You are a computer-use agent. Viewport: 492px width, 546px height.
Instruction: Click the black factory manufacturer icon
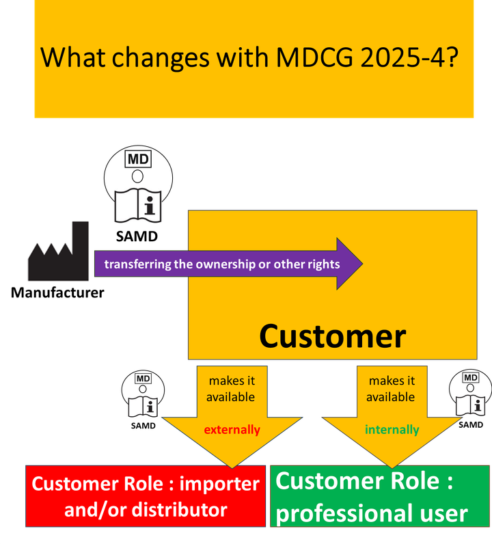point(58,251)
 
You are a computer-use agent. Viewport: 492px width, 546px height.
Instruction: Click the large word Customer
point(332,336)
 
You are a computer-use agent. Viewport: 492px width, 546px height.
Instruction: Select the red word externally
point(232,430)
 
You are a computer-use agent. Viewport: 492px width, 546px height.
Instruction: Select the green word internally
point(392,430)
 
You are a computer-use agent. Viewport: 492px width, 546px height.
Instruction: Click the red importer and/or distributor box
point(146,496)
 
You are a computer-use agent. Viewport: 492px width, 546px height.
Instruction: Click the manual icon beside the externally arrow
point(143,396)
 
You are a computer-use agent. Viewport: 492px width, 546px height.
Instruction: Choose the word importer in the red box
point(219,484)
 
